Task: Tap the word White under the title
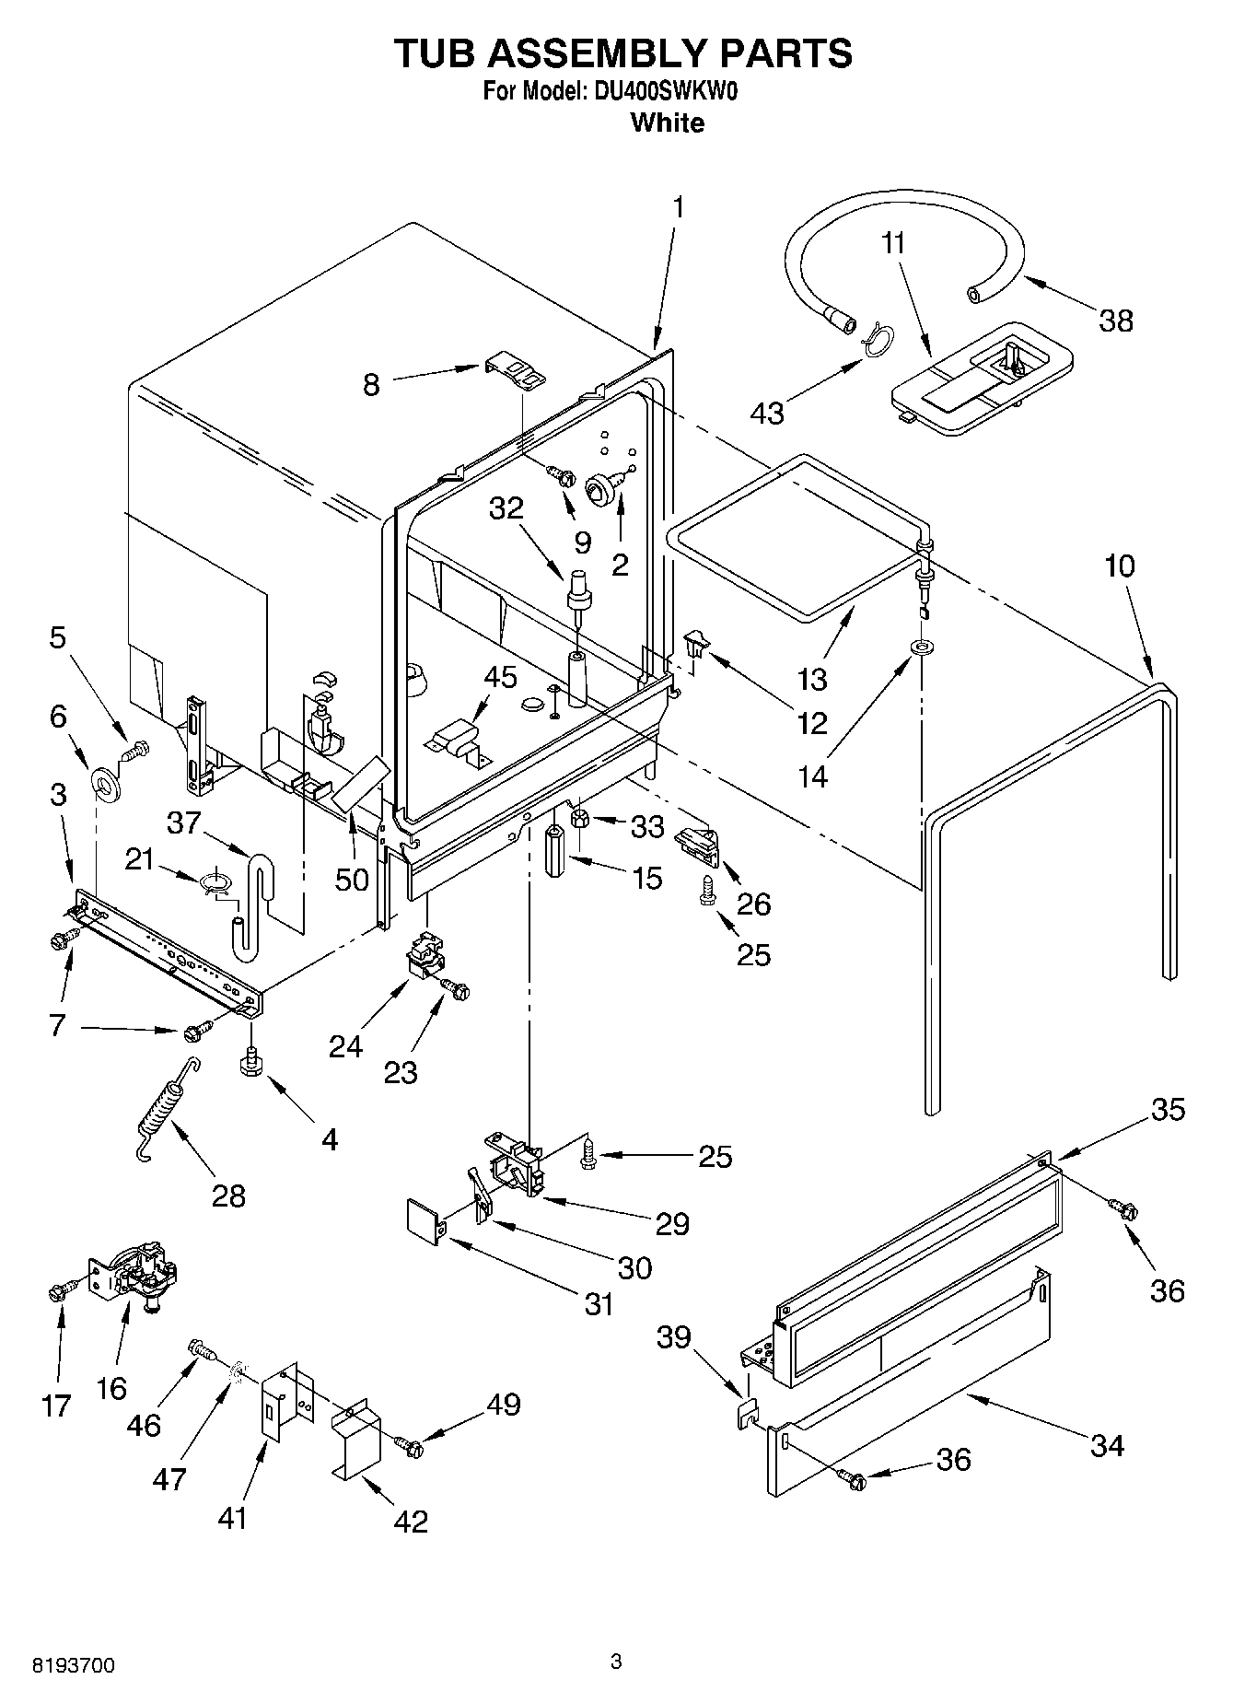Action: (x=667, y=122)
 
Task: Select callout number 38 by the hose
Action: (x=1115, y=321)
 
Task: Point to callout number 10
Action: (x=1119, y=566)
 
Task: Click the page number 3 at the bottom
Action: (x=616, y=1662)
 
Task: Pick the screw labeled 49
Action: (x=408, y=1446)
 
